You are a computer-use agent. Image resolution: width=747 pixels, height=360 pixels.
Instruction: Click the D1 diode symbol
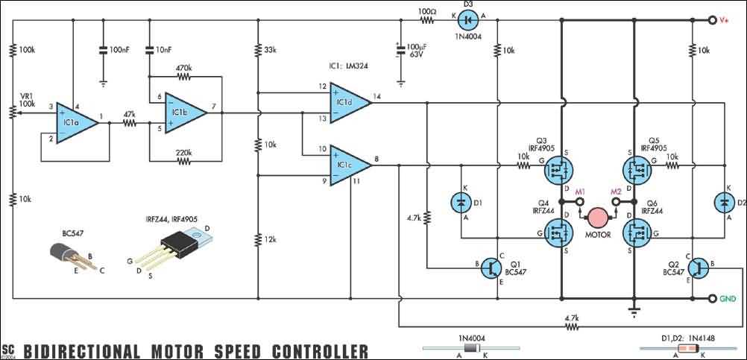click(460, 202)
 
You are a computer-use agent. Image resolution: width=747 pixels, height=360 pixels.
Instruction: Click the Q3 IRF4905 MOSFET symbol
click(555, 170)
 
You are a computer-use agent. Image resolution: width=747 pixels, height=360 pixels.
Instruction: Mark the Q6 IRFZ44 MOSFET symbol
click(638, 234)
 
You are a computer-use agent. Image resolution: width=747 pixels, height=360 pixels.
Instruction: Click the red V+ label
click(724, 22)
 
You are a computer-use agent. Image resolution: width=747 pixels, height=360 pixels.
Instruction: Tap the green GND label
click(728, 298)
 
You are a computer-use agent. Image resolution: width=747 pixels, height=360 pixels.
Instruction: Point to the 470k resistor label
click(184, 68)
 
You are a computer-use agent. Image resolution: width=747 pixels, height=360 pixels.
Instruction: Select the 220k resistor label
click(184, 153)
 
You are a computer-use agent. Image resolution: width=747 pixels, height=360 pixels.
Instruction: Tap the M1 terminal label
click(581, 192)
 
